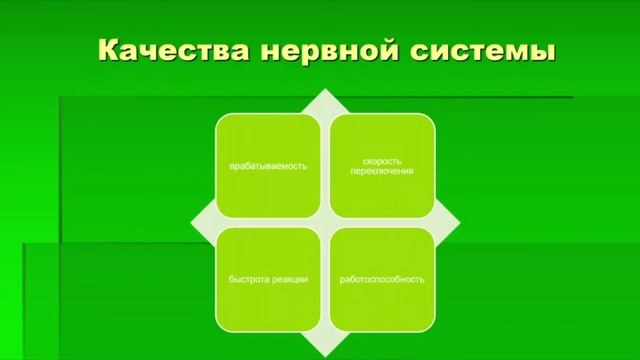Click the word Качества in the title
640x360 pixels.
click(172, 49)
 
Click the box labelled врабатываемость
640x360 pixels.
click(268, 166)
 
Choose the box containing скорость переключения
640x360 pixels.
click(383, 166)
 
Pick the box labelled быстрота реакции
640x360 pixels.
click(268, 280)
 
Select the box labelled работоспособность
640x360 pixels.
click(383, 280)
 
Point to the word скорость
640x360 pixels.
click(383, 160)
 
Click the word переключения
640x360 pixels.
click(383, 171)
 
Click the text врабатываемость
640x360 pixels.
click(268, 166)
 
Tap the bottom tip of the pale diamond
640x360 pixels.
click(326, 355)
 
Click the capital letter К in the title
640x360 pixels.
click(110, 49)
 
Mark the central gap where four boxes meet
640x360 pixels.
click(326, 223)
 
